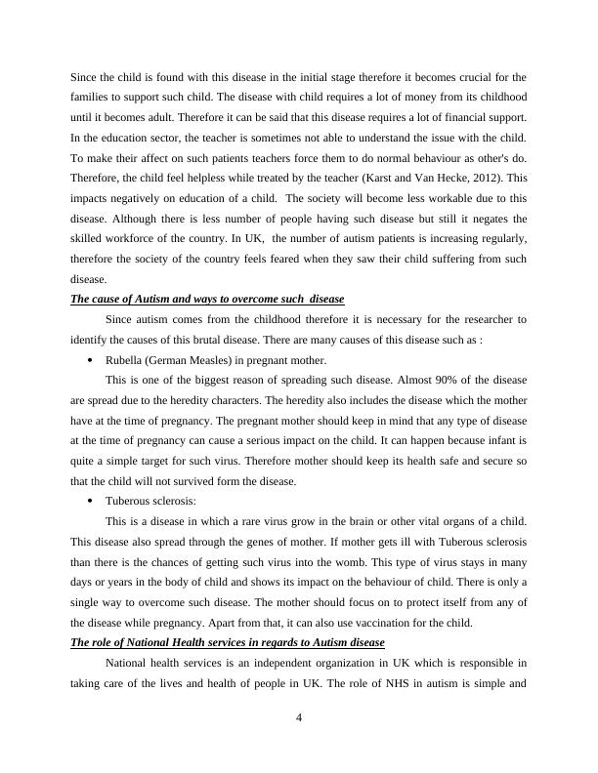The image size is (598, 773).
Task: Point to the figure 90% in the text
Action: click(409, 380)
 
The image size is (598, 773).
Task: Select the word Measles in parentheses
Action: click(209, 360)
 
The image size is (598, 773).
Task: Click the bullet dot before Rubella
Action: click(90, 360)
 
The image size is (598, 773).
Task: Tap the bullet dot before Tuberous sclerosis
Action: click(90, 502)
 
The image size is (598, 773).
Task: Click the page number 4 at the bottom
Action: click(299, 720)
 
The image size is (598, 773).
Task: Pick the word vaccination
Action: click(407, 623)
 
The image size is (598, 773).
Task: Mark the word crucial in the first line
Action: click(477, 76)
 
